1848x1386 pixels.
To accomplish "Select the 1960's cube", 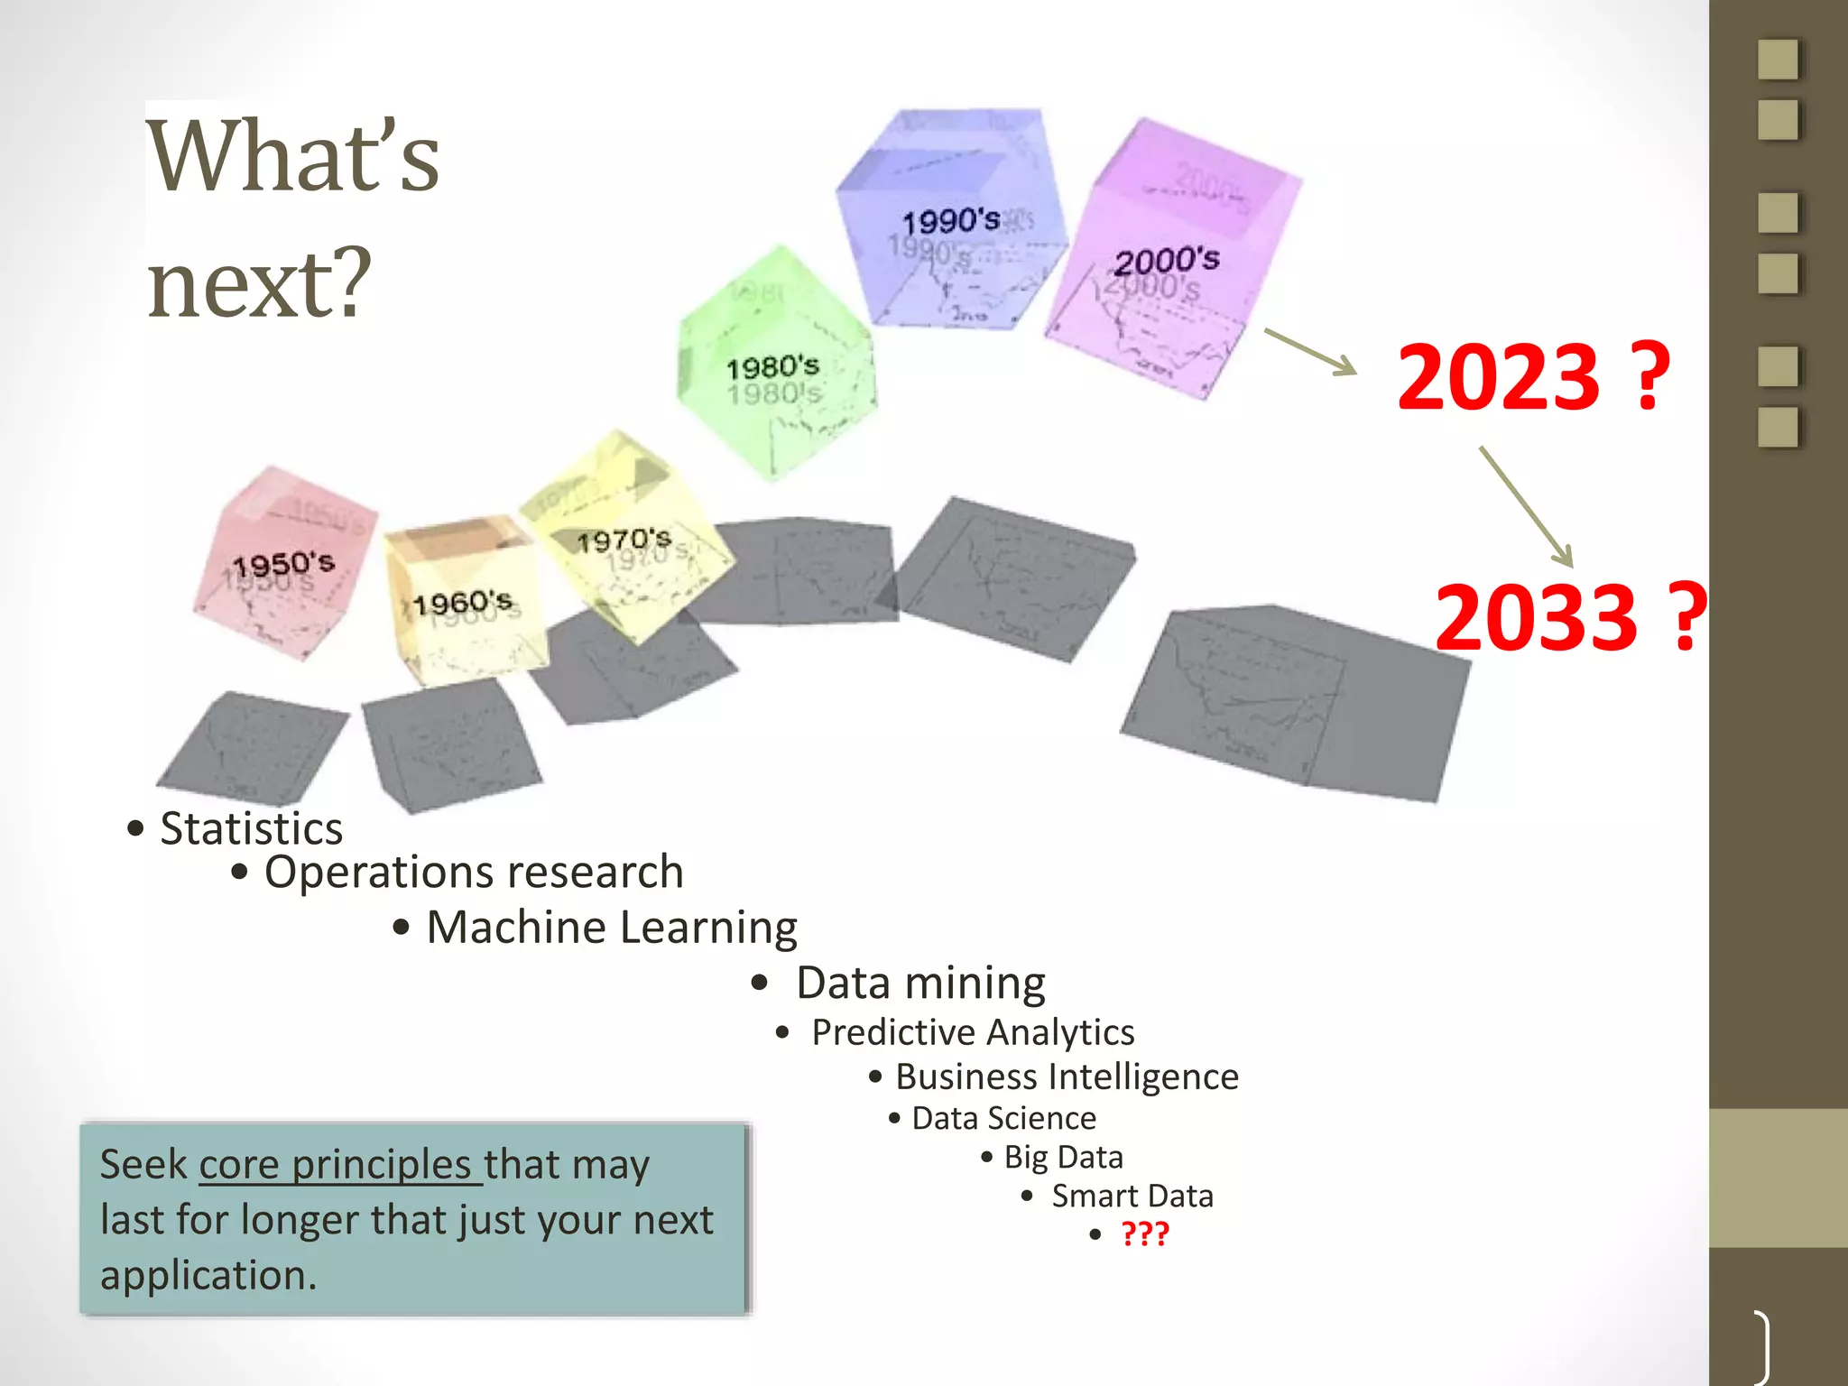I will click(464, 600).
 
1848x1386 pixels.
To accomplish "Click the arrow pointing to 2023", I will click(1310, 352).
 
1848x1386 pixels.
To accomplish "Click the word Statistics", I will click(251, 828).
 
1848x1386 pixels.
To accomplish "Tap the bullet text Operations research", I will click(474, 873).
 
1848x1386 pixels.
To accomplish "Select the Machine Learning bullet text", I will click(612, 928).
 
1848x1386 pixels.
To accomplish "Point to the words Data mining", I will click(920, 983).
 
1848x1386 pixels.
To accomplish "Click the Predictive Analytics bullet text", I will click(973, 1032).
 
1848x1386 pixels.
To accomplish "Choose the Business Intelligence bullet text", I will click(1067, 1076).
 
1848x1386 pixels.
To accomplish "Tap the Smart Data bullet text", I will click(1132, 1197).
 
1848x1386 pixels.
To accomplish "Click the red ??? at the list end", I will click(1144, 1234).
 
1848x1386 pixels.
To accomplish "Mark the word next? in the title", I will click(260, 283).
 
